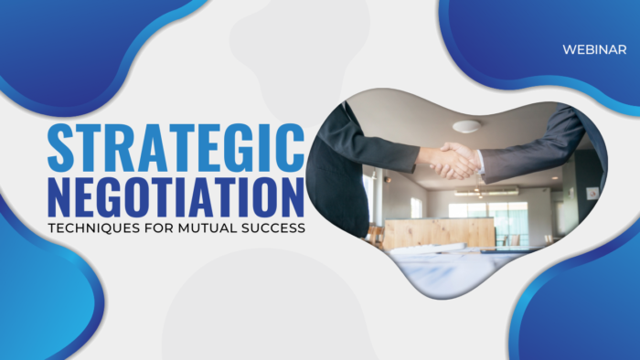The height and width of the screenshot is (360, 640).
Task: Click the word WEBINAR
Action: click(594, 50)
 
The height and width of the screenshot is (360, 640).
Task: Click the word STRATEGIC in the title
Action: click(175, 146)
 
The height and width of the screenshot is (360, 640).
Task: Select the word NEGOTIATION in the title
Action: click(175, 196)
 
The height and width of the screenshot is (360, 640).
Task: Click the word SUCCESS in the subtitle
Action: click(272, 228)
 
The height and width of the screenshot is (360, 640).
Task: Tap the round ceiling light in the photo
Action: click(466, 126)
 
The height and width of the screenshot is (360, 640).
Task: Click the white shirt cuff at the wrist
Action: click(478, 163)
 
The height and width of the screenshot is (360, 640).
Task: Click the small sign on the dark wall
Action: click(592, 194)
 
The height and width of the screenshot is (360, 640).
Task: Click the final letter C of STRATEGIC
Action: click(291, 146)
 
